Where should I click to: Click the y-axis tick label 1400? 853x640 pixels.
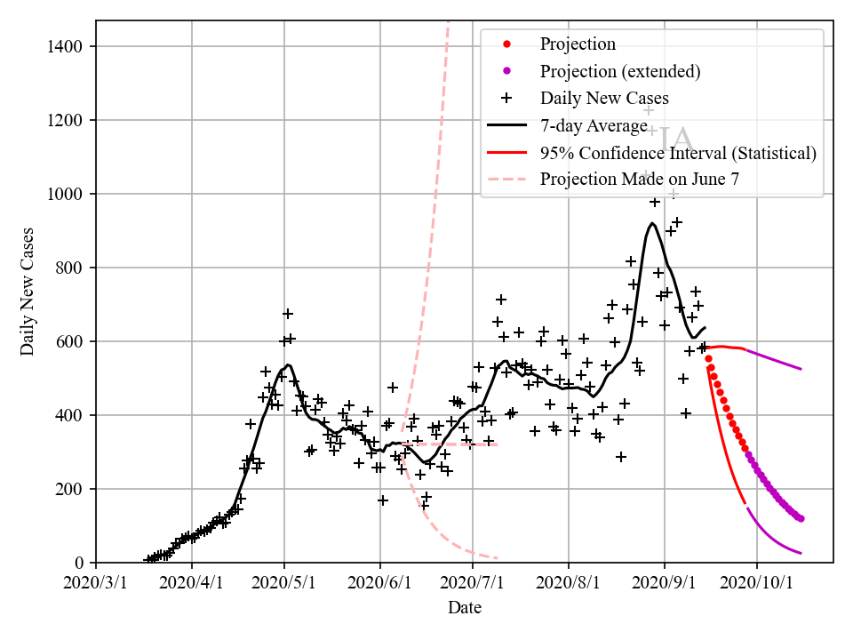[68, 46]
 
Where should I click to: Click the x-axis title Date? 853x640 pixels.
[465, 608]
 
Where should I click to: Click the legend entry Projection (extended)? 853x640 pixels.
[620, 71]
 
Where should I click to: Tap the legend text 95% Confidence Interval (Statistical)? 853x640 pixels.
[678, 153]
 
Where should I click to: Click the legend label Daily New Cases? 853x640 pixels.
[604, 98]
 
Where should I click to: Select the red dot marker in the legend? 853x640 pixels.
[506, 44]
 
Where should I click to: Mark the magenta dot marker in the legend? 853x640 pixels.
[506, 71]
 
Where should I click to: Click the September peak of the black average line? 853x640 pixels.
[653, 223]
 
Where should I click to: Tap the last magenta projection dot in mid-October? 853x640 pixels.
[801, 518]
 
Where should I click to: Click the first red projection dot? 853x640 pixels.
[708, 358]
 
